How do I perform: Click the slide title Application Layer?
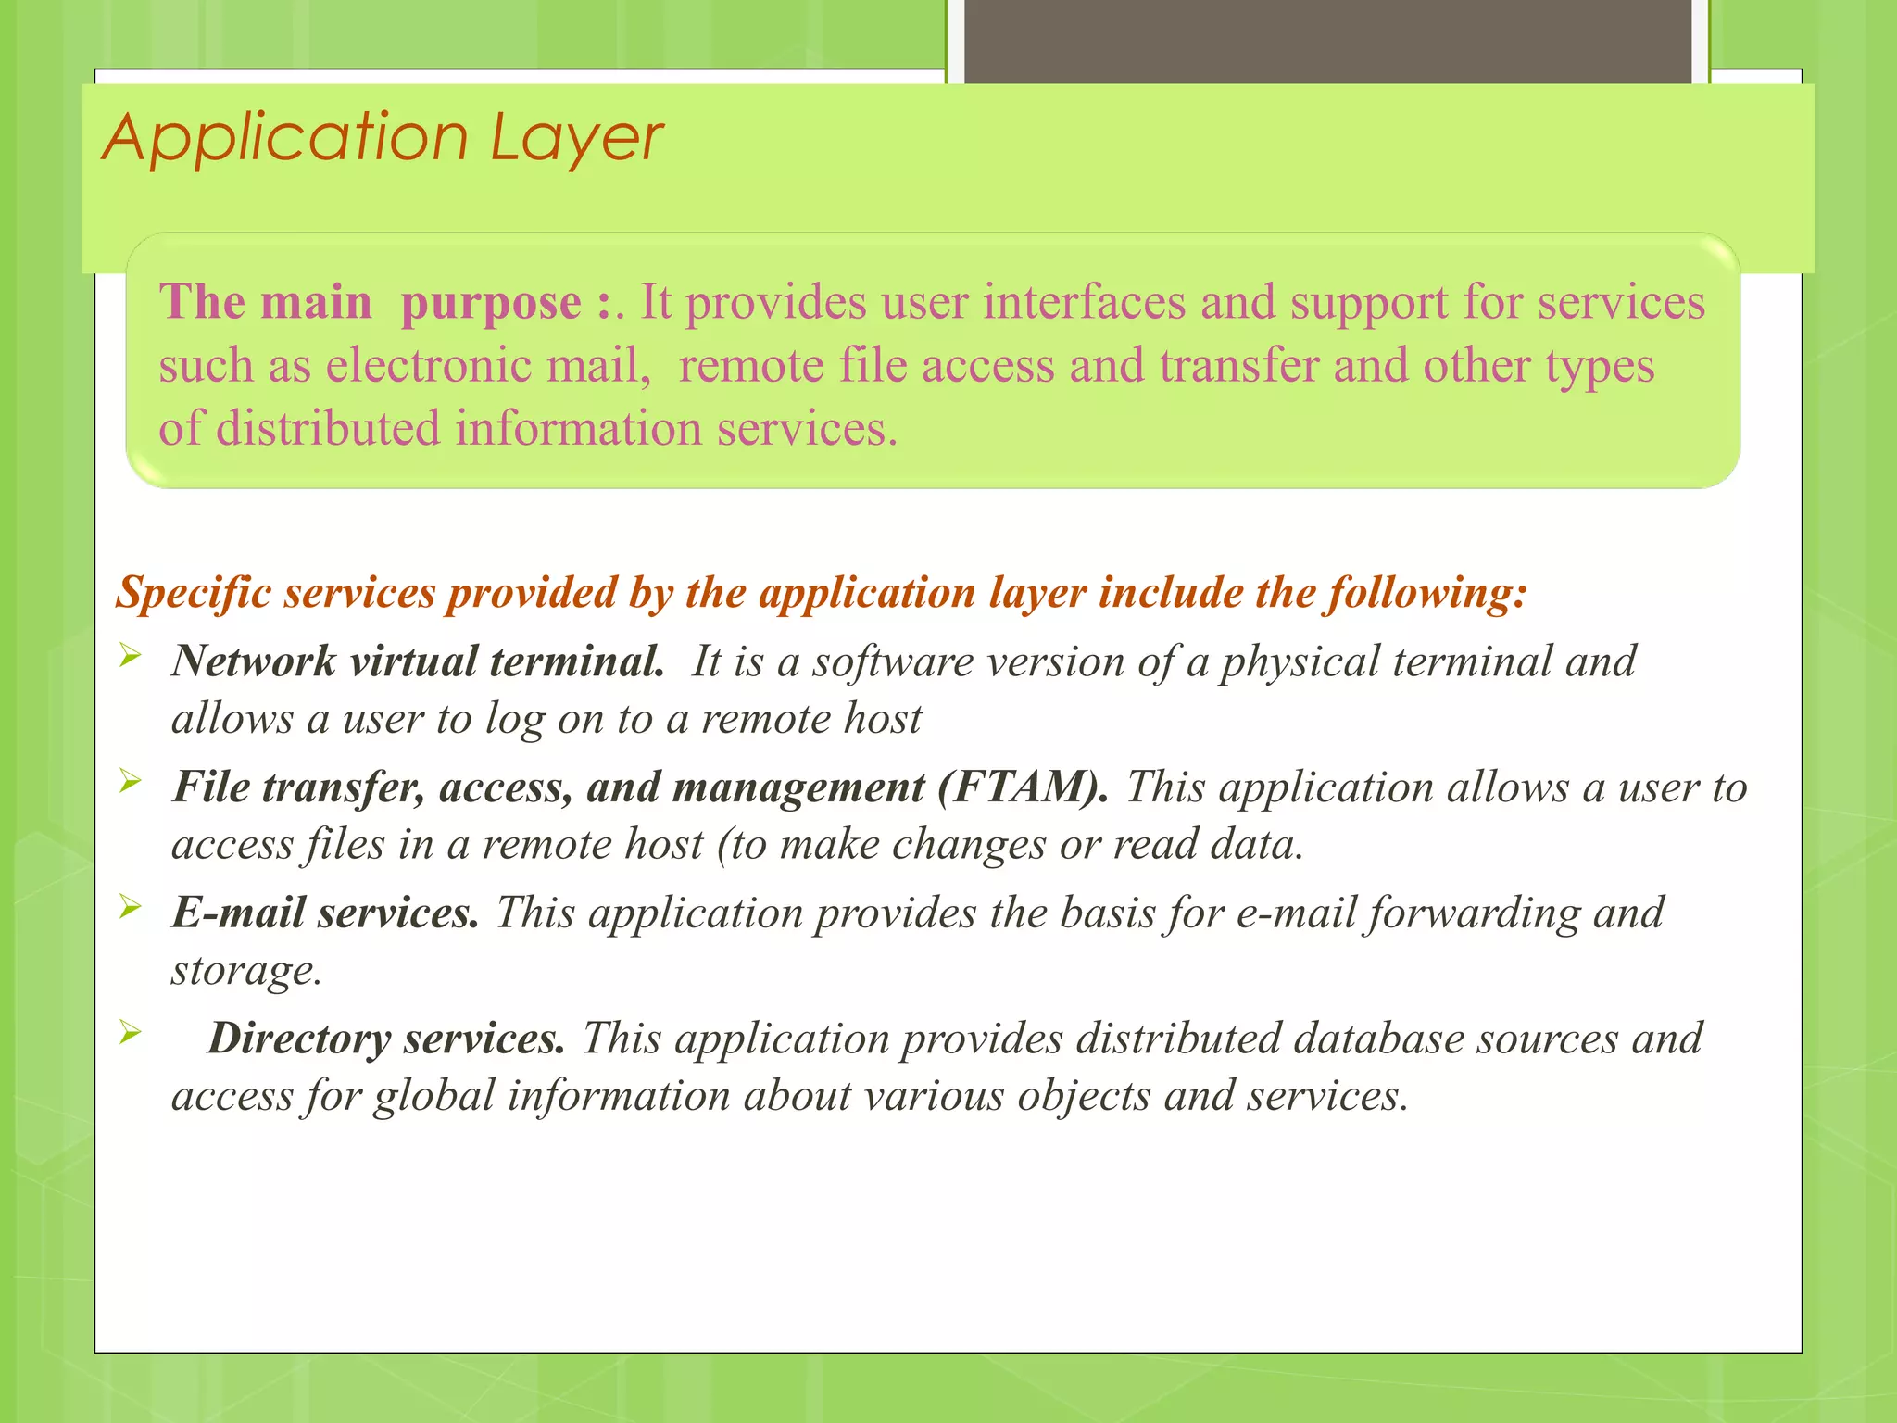coord(382,138)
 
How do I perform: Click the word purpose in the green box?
coord(491,304)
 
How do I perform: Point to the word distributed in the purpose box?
coord(327,428)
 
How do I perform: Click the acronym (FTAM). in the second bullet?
coord(1022,787)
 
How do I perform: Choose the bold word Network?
coord(253,661)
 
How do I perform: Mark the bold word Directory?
coord(299,1039)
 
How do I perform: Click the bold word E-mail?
coord(238,913)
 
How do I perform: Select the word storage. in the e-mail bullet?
coord(246,970)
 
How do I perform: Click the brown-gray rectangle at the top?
coord(1327,42)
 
